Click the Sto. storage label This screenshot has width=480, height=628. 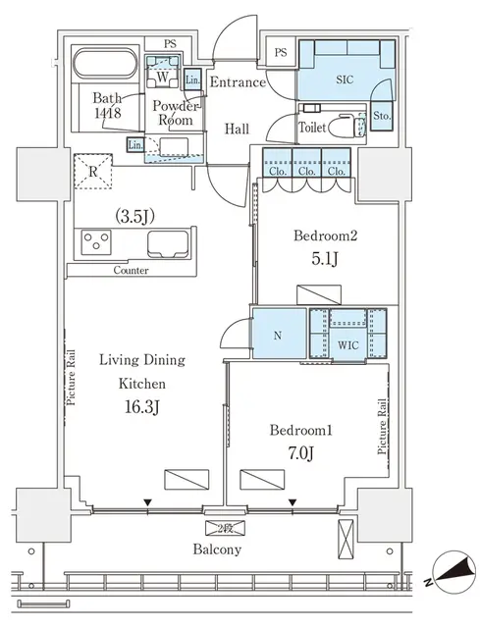click(x=383, y=116)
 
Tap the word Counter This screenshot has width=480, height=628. click(x=132, y=270)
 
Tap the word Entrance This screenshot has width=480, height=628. click(x=238, y=81)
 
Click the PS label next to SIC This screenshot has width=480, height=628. click(x=281, y=53)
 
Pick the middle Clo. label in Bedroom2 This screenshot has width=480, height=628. click(x=307, y=171)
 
